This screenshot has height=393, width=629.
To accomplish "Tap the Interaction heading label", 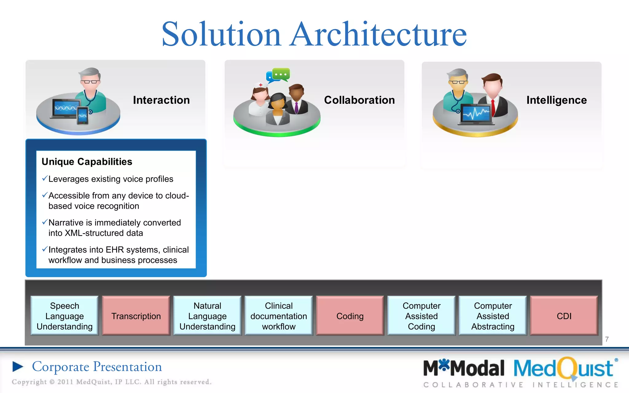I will click(x=161, y=100).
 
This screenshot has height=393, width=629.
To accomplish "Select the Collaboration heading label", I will click(x=359, y=100).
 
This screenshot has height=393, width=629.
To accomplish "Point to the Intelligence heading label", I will click(x=556, y=100).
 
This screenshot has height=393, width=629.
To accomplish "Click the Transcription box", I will click(x=136, y=316).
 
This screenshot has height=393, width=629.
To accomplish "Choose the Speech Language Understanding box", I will click(x=64, y=316).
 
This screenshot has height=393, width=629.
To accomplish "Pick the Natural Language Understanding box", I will click(x=207, y=316).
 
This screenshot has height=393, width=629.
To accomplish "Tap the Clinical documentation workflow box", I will click(x=279, y=316).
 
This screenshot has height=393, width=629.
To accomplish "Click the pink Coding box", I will click(x=350, y=316).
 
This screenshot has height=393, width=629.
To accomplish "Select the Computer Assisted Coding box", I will click(x=421, y=316).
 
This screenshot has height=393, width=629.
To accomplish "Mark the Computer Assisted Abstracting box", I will click(x=493, y=316).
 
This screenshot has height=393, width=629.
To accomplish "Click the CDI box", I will click(x=564, y=316).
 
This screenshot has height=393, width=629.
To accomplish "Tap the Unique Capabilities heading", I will click(x=87, y=161).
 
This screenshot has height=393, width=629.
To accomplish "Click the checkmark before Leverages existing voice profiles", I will click(x=45, y=178).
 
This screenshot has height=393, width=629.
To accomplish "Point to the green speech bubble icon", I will click(x=281, y=74).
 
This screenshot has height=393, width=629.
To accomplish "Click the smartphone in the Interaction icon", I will click(x=82, y=115).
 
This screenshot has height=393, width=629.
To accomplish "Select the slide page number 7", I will click(x=607, y=339).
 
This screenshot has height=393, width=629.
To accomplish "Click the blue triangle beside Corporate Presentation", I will click(x=18, y=367).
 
